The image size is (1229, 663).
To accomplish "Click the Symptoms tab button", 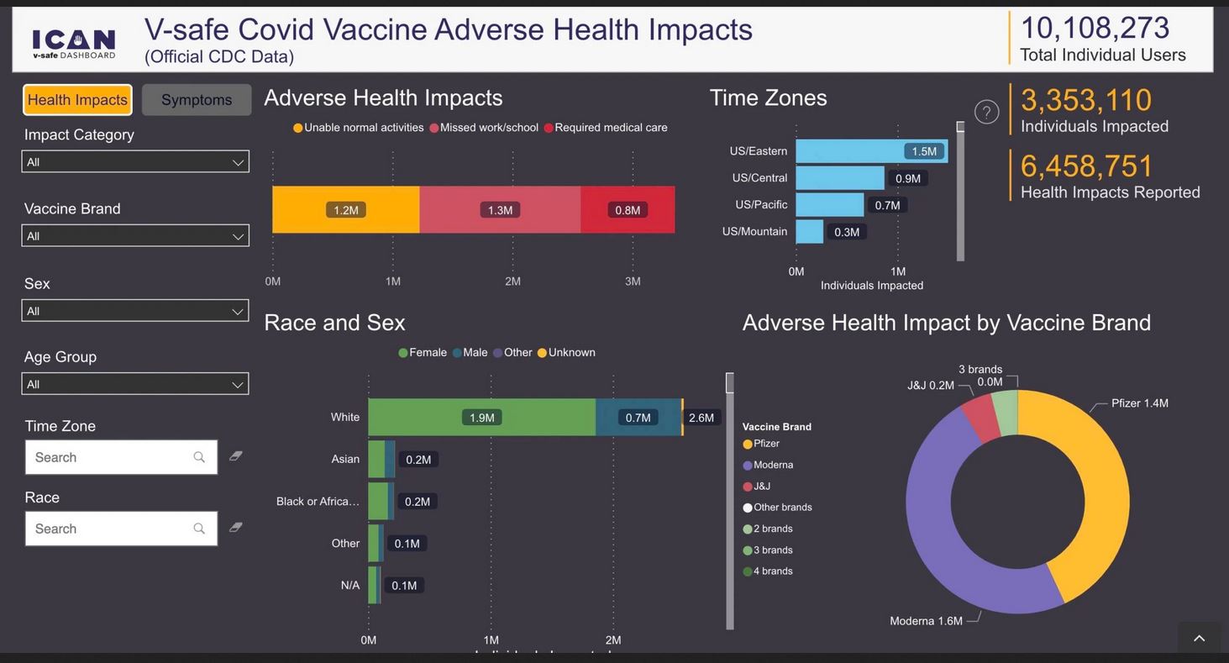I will click(197, 100).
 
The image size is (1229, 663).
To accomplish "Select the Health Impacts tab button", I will click(77, 100).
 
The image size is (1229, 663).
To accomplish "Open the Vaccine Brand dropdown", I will click(135, 236).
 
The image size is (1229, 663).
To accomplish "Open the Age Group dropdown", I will click(135, 384).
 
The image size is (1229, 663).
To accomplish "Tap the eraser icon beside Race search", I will click(236, 528).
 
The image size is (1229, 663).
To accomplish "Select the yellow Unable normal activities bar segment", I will click(345, 210).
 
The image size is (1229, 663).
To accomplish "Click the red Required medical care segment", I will click(628, 210).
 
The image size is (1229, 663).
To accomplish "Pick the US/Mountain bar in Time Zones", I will click(809, 231).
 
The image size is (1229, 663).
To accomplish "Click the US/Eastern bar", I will click(871, 151).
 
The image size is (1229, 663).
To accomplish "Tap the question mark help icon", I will click(986, 112).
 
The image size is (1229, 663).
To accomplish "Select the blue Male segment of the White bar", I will click(638, 418).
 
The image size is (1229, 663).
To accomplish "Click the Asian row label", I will click(345, 459).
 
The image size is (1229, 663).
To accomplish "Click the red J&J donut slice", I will click(980, 416).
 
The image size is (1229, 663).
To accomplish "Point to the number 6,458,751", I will click(1087, 166).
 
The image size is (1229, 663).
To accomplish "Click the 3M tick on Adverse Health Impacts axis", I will click(633, 282).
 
